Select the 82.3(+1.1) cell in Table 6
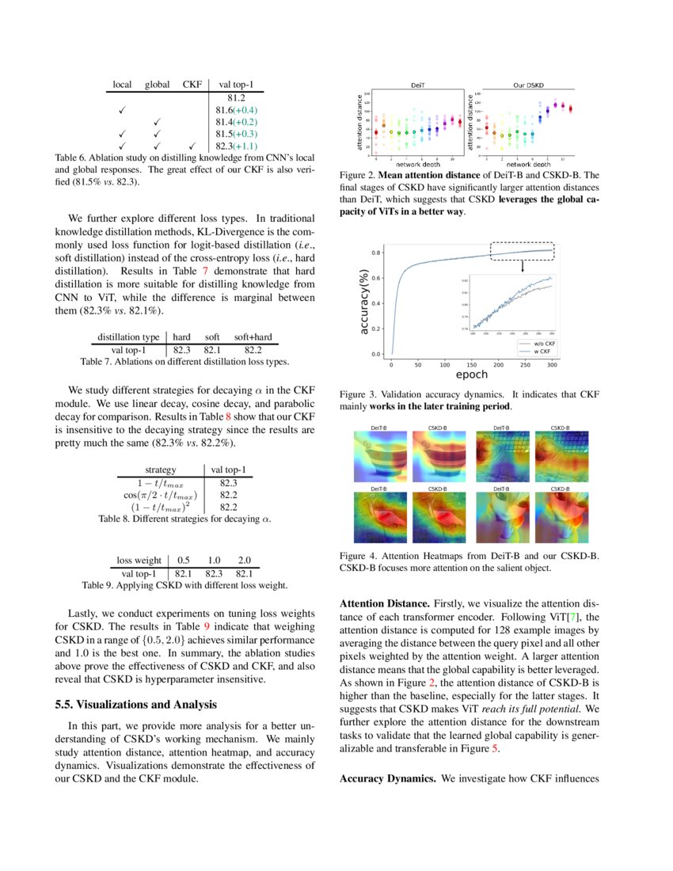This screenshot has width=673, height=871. (236, 146)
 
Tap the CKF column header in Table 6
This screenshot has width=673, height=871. (192, 84)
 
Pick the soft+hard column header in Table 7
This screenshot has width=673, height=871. (253, 337)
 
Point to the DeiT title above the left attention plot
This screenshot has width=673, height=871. (416, 84)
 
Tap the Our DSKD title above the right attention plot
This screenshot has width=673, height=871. (528, 84)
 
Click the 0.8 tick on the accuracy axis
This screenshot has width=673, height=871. (377, 253)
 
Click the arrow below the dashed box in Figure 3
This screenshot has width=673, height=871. (523, 267)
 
